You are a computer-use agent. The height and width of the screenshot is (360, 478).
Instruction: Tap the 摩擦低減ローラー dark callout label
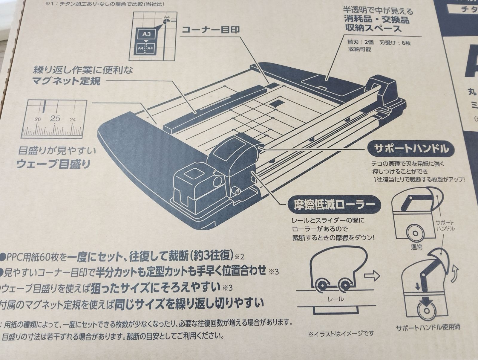point(331,205)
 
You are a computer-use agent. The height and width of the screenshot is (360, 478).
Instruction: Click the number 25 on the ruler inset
point(55,119)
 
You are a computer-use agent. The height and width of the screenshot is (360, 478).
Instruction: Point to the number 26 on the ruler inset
point(37,120)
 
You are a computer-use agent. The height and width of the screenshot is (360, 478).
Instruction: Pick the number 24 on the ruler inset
point(73,120)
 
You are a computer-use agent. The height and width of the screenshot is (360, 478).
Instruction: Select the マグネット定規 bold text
point(66,81)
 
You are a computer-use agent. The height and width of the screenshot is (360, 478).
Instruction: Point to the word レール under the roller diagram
point(335,299)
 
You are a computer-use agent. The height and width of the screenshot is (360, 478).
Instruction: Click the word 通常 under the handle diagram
point(416,248)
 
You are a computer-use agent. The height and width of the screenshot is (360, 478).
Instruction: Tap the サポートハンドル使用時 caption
point(426,328)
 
